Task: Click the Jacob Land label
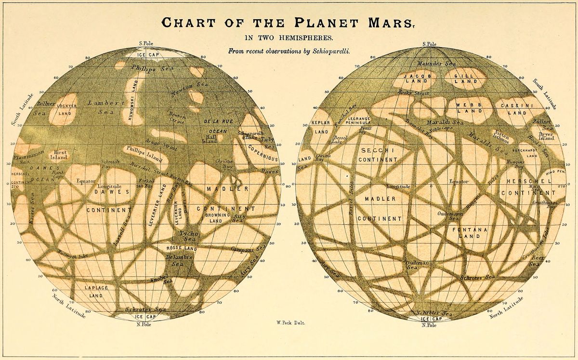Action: coord(418,79)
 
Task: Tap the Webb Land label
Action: coord(465,108)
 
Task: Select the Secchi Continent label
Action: coord(378,155)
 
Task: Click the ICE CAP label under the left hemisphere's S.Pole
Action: coord(149,54)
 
